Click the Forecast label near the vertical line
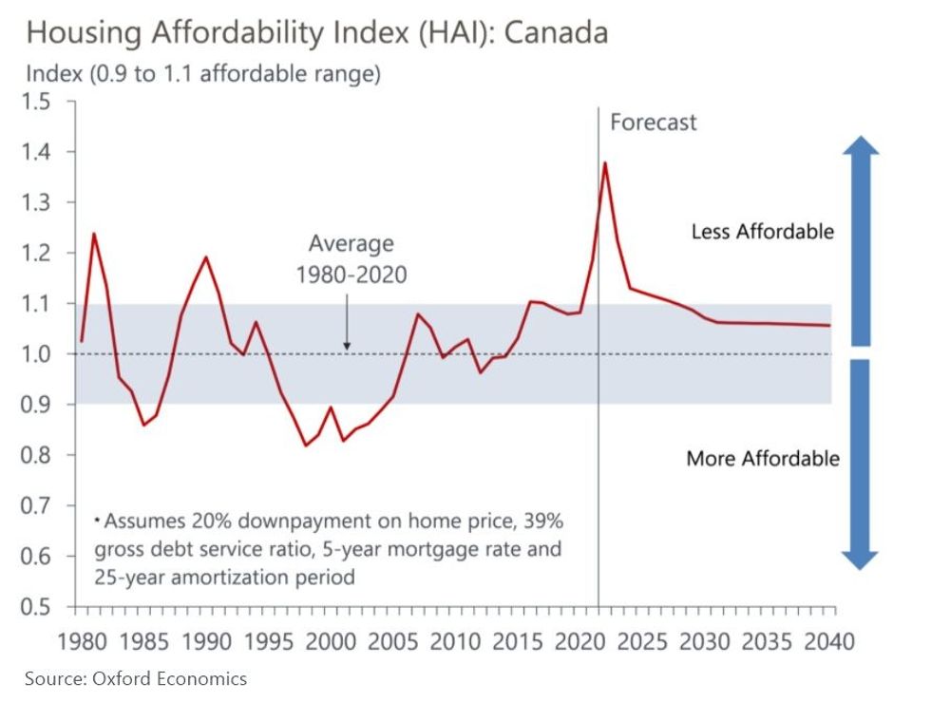pos(653,123)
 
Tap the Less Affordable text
pos(762,232)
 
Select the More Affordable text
pos(763,459)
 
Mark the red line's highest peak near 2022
pos(605,162)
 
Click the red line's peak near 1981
pos(94,233)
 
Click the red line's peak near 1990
pos(206,256)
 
